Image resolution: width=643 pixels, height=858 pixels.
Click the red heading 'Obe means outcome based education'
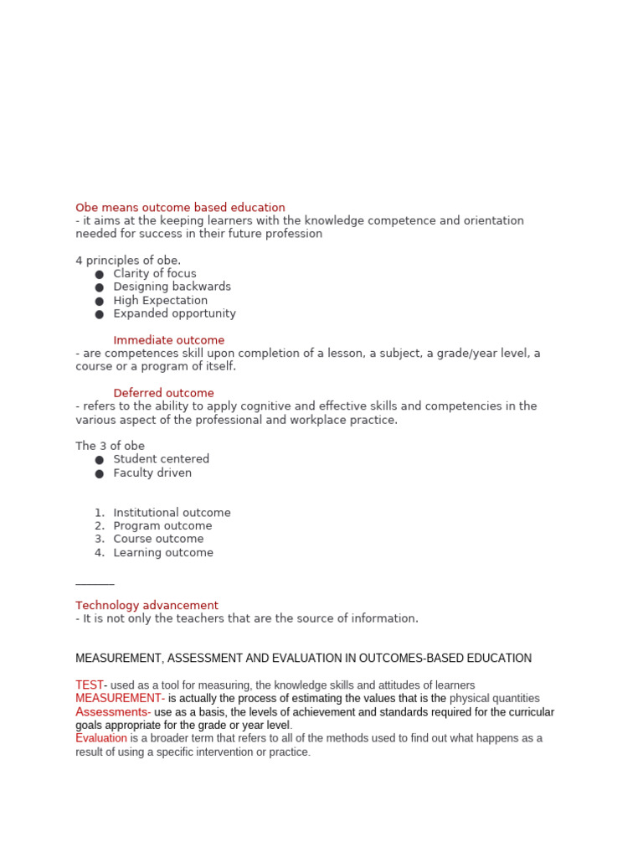click(x=180, y=208)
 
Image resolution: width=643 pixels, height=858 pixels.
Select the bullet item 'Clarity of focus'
click(x=155, y=274)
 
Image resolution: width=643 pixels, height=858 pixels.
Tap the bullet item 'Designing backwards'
click(x=172, y=287)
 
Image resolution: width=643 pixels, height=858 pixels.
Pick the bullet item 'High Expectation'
click(x=160, y=300)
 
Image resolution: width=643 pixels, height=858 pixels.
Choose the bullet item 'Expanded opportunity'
click(x=174, y=313)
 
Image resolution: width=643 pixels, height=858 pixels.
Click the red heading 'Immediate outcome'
click(x=168, y=340)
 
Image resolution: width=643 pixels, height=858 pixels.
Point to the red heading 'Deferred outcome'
click(x=163, y=393)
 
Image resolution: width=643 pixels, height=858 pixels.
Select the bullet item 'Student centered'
click(x=161, y=459)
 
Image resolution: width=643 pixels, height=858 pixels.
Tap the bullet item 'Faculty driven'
click(x=152, y=473)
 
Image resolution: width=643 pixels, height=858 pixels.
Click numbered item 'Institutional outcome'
click(x=172, y=513)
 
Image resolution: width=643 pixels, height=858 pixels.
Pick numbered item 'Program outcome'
click(x=162, y=526)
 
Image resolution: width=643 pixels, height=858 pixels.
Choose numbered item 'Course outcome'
click(x=158, y=539)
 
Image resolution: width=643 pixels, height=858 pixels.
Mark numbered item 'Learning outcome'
click(x=163, y=552)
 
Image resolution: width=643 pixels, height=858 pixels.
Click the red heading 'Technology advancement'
click(x=147, y=605)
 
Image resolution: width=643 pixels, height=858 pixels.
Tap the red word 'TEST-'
click(x=91, y=685)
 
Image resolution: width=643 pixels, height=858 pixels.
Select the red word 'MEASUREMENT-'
click(x=120, y=699)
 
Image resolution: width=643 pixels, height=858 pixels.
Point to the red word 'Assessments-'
click(x=113, y=712)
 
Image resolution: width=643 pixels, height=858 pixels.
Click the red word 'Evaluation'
click(x=101, y=738)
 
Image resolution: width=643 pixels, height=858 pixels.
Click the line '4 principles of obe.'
click(x=128, y=261)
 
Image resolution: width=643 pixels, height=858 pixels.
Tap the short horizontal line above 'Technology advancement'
click(x=95, y=584)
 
